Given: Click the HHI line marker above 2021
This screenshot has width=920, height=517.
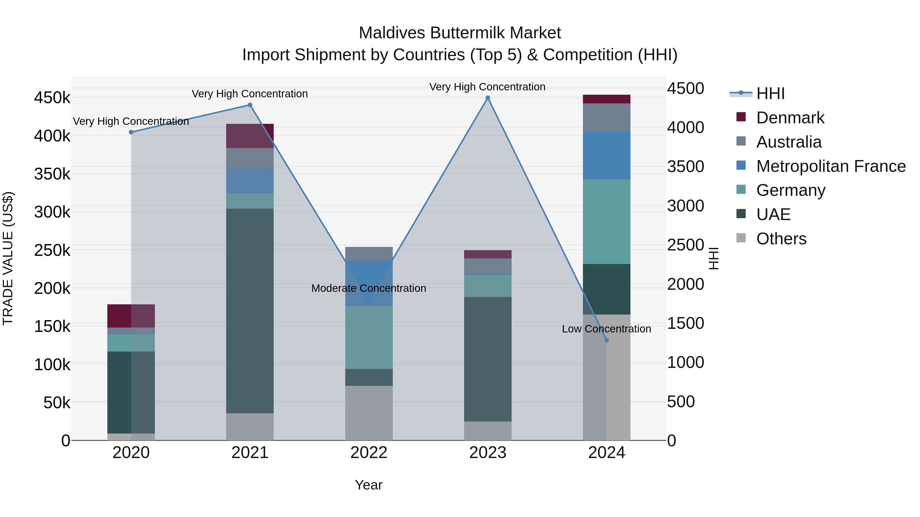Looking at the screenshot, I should click(x=250, y=105).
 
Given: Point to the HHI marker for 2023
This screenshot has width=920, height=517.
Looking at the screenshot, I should click(x=488, y=98).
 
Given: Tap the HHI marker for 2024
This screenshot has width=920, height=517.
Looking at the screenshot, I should click(x=606, y=340).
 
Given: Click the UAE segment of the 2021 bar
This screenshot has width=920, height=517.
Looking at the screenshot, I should click(x=250, y=310).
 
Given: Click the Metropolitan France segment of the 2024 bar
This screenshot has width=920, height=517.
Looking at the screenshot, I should click(x=606, y=155).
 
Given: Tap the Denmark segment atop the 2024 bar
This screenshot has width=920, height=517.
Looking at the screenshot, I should click(x=606, y=99).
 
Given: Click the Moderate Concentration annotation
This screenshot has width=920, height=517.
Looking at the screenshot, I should click(x=369, y=288).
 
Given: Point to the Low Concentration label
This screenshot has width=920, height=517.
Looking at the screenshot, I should click(x=606, y=329).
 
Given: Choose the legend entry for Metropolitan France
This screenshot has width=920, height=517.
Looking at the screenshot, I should click(x=831, y=166).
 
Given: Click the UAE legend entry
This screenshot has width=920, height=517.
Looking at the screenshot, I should click(x=773, y=214).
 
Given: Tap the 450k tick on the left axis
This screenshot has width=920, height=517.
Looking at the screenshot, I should click(x=52, y=98).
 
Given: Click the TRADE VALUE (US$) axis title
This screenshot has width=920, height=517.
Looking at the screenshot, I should click(x=8, y=258).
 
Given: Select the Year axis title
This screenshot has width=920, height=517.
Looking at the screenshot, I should click(x=369, y=485).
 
